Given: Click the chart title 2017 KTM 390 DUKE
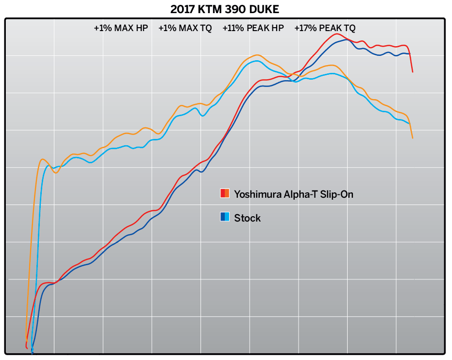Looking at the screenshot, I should pos(224,9).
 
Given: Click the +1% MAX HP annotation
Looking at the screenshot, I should pos(120,28).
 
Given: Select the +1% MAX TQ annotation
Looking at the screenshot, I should pos(185,28).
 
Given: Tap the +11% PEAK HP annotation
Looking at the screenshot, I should pos(253,28).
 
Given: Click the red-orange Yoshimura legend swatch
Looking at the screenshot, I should pos(225,193).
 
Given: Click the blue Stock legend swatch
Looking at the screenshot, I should pos(225,217).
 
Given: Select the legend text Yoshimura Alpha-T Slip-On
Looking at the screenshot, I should pos(294,194).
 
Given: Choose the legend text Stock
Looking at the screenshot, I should pos(247,218).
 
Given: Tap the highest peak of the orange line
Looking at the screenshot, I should pos(257,55).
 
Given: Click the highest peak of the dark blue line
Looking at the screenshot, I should pos(345,39).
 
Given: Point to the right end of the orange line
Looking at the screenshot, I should pos(413,138).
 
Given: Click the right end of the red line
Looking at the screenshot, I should pos(413,72).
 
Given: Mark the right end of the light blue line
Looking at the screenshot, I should pos(409,123).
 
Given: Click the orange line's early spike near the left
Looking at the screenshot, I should pos(42,159).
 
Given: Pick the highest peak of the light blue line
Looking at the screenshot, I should pos(256,61).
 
